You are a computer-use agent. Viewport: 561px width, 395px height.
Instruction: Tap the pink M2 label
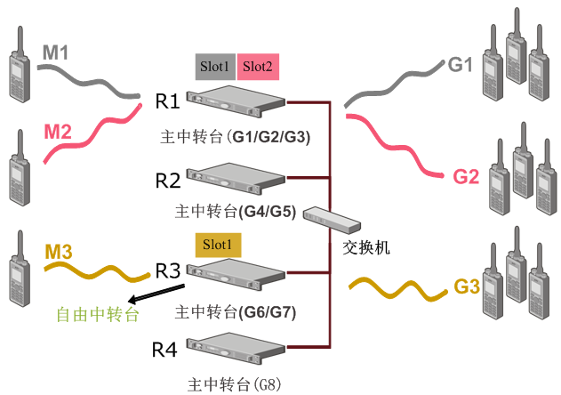[x=59, y=132]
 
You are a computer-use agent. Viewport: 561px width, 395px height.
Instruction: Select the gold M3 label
[x=59, y=252]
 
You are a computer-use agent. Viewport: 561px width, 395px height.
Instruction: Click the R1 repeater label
[x=168, y=100]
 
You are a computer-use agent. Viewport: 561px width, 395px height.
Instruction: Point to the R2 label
[x=168, y=181]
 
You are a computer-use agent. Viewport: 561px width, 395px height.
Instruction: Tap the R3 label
[x=168, y=270]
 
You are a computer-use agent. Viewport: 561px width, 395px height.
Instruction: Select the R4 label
[x=165, y=350]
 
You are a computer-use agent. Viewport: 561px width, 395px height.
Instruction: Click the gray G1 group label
[x=459, y=65]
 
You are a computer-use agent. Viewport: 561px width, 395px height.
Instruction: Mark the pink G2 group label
[x=466, y=176]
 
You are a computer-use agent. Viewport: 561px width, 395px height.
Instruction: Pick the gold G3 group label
[x=467, y=287]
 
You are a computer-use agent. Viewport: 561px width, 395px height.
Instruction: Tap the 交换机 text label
[x=366, y=246]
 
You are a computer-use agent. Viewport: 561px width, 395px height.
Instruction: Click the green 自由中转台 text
[x=98, y=315]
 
